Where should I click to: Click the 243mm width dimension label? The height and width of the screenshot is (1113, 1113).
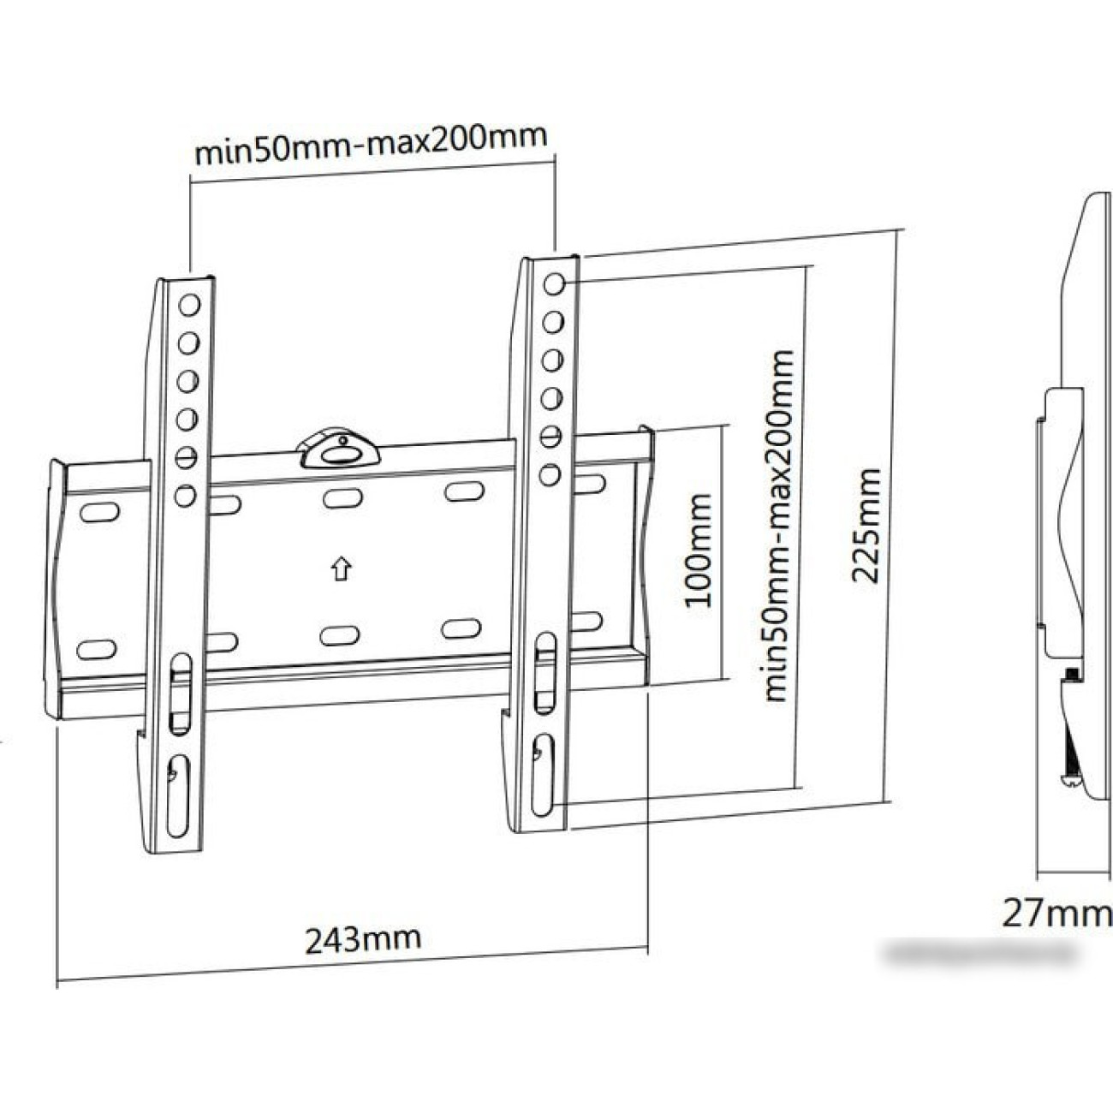coord(364,938)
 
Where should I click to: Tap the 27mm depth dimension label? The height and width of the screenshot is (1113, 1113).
coord(1056,914)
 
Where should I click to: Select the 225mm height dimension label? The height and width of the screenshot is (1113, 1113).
coord(866,525)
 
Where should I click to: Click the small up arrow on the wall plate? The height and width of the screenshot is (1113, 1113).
coord(342,568)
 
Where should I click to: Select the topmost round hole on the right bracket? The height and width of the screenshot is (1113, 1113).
coord(553,283)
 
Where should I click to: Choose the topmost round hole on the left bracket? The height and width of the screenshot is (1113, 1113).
coord(189,304)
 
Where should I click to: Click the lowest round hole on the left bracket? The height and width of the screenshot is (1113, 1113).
coord(185,496)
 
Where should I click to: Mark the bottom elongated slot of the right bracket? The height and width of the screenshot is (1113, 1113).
coord(543,774)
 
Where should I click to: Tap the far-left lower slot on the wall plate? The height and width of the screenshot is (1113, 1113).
coord(96,648)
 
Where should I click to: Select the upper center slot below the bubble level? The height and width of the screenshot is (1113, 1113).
coord(342,496)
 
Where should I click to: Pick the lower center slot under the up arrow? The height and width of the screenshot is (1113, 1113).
coord(339,634)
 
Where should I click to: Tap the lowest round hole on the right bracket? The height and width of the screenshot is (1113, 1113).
coord(551,473)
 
